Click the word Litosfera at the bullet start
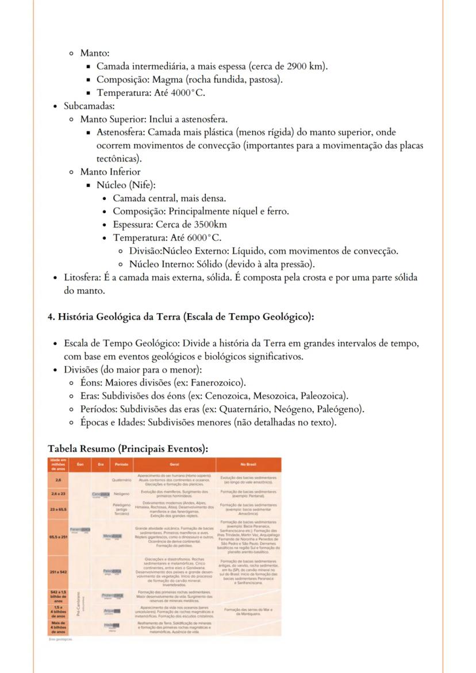(x=84, y=278)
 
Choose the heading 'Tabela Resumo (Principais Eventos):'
(x=128, y=448)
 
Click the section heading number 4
(x=51, y=317)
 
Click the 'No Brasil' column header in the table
(x=248, y=464)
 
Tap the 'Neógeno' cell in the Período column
(x=121, y=493)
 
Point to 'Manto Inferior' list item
(x=110, y=172)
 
